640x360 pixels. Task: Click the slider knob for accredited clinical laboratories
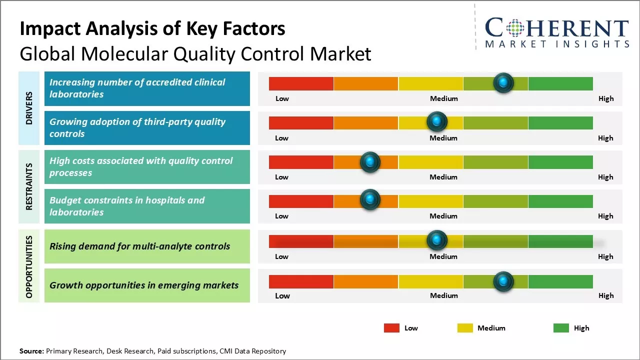[x=503, y=82]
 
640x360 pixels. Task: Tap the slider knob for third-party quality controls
[x=437, y=121]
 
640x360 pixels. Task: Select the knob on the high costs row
[x=370, y=161]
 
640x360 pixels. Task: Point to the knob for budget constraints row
[x=370, y=200]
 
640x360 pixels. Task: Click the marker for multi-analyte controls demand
[x=437, y=240]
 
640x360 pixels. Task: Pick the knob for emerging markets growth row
[x=503, y=281]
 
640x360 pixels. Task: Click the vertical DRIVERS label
[x=29, y=108]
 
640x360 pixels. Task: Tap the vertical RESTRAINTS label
[x=29, y=186]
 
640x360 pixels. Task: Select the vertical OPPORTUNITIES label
[x=29, y=266]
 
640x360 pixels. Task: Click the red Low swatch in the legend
[x=391, y=328]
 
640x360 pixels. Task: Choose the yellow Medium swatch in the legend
[x=465, y=328]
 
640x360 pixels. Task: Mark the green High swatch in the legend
[x=561, y=328]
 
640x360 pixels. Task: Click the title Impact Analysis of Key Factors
[x=152, y=29]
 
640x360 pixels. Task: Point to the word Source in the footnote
[x=31, y=351]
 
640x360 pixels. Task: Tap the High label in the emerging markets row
[x=606, y=295]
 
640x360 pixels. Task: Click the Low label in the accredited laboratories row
[x=282, y=98]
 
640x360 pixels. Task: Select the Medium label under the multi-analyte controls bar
[x=443, y=256]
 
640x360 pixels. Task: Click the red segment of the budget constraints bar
[x=301, y=201]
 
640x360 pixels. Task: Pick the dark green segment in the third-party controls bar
[x=560, y=122]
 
